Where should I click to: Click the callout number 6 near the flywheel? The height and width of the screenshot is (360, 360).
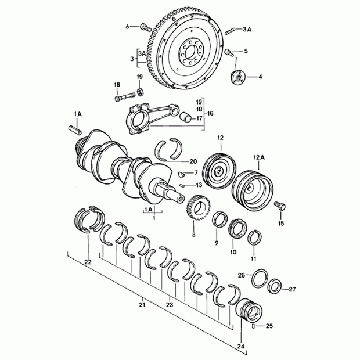tap(128, 26)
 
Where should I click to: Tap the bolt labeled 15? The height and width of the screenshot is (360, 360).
tap(282, 205)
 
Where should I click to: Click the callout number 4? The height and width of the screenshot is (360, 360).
tap(260, 76)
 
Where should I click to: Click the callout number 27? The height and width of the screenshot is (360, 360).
tap(292, 289)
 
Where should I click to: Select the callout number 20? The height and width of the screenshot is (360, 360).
tap(193, 161)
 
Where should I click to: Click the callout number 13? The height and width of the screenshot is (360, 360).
tap(199, 185)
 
